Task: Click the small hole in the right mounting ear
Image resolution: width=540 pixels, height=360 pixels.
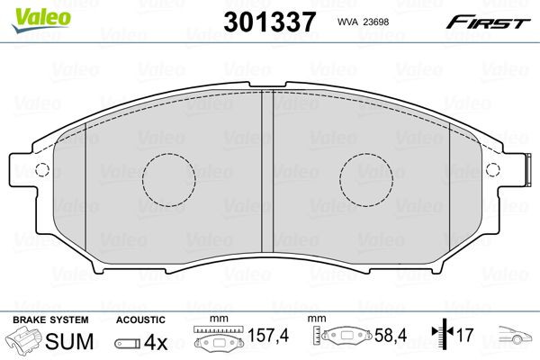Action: (x=491, y=170)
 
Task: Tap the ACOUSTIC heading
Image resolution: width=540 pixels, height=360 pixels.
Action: (x=140, y=319)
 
